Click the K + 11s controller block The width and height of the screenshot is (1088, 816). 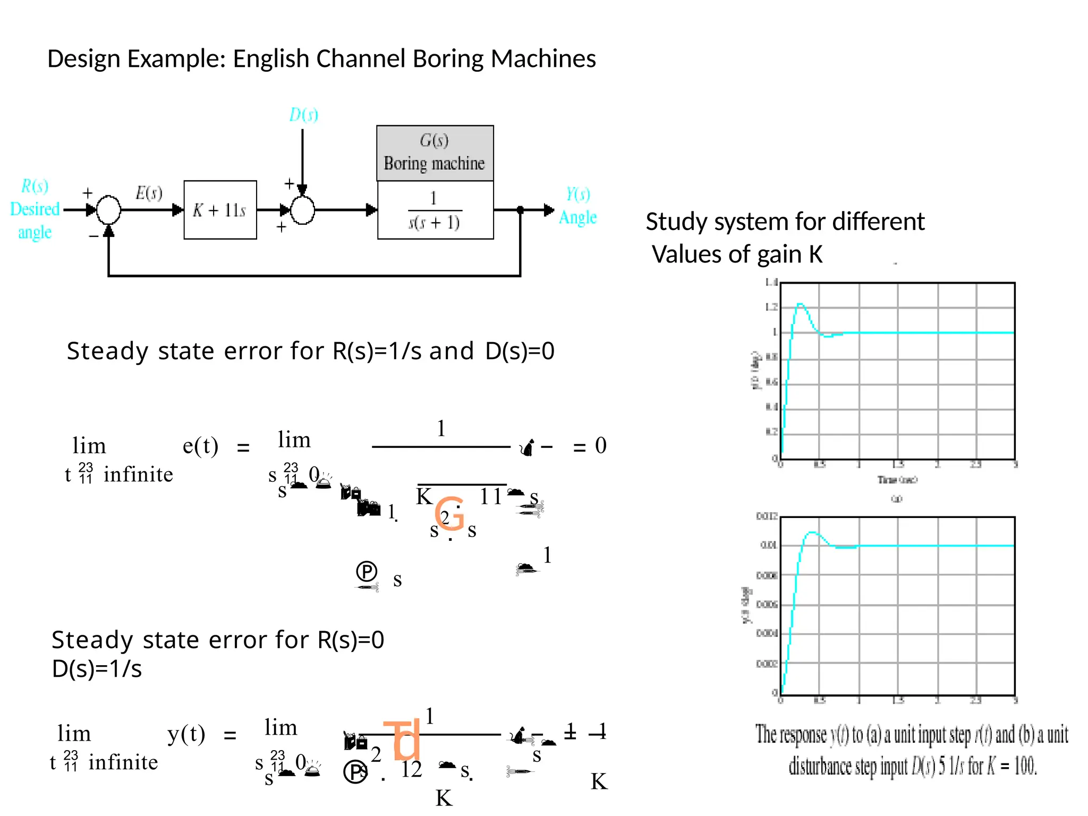220,210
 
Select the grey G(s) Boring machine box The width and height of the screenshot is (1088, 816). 435,153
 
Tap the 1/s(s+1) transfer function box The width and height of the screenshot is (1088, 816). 435,210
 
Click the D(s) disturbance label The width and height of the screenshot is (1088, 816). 303,114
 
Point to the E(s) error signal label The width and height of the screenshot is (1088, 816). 149,192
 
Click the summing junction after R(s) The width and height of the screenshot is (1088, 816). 108,210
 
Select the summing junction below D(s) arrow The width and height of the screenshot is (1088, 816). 303,210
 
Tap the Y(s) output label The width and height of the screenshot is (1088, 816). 577,194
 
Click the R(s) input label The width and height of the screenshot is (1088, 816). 35,186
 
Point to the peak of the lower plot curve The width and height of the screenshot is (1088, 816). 812,532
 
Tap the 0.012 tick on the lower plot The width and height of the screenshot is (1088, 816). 767,516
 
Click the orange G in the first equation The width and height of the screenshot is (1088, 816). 449,513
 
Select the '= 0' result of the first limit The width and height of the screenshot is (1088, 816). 590,446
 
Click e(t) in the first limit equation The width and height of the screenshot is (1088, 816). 200,446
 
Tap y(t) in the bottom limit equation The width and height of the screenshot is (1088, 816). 186,734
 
